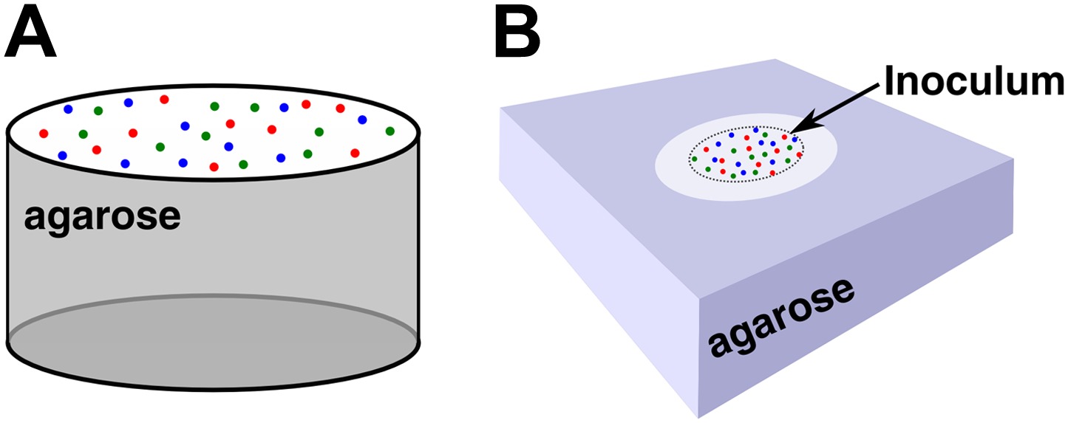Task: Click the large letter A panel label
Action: coord(30,34)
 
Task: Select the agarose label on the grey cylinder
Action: coord(102,218)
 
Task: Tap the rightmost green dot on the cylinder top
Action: coord(390,131)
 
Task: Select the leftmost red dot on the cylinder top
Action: coord(44,134)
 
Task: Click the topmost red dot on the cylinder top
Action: coord(164,99)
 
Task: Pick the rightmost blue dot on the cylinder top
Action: coord(362,119)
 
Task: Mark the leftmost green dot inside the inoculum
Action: coord(695,159)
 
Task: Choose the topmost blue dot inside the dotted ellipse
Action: coord(755,130)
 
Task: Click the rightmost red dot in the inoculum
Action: coord(799,155)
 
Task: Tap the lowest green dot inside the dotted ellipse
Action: coord(733,176)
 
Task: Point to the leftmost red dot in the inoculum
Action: coord(706,150)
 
